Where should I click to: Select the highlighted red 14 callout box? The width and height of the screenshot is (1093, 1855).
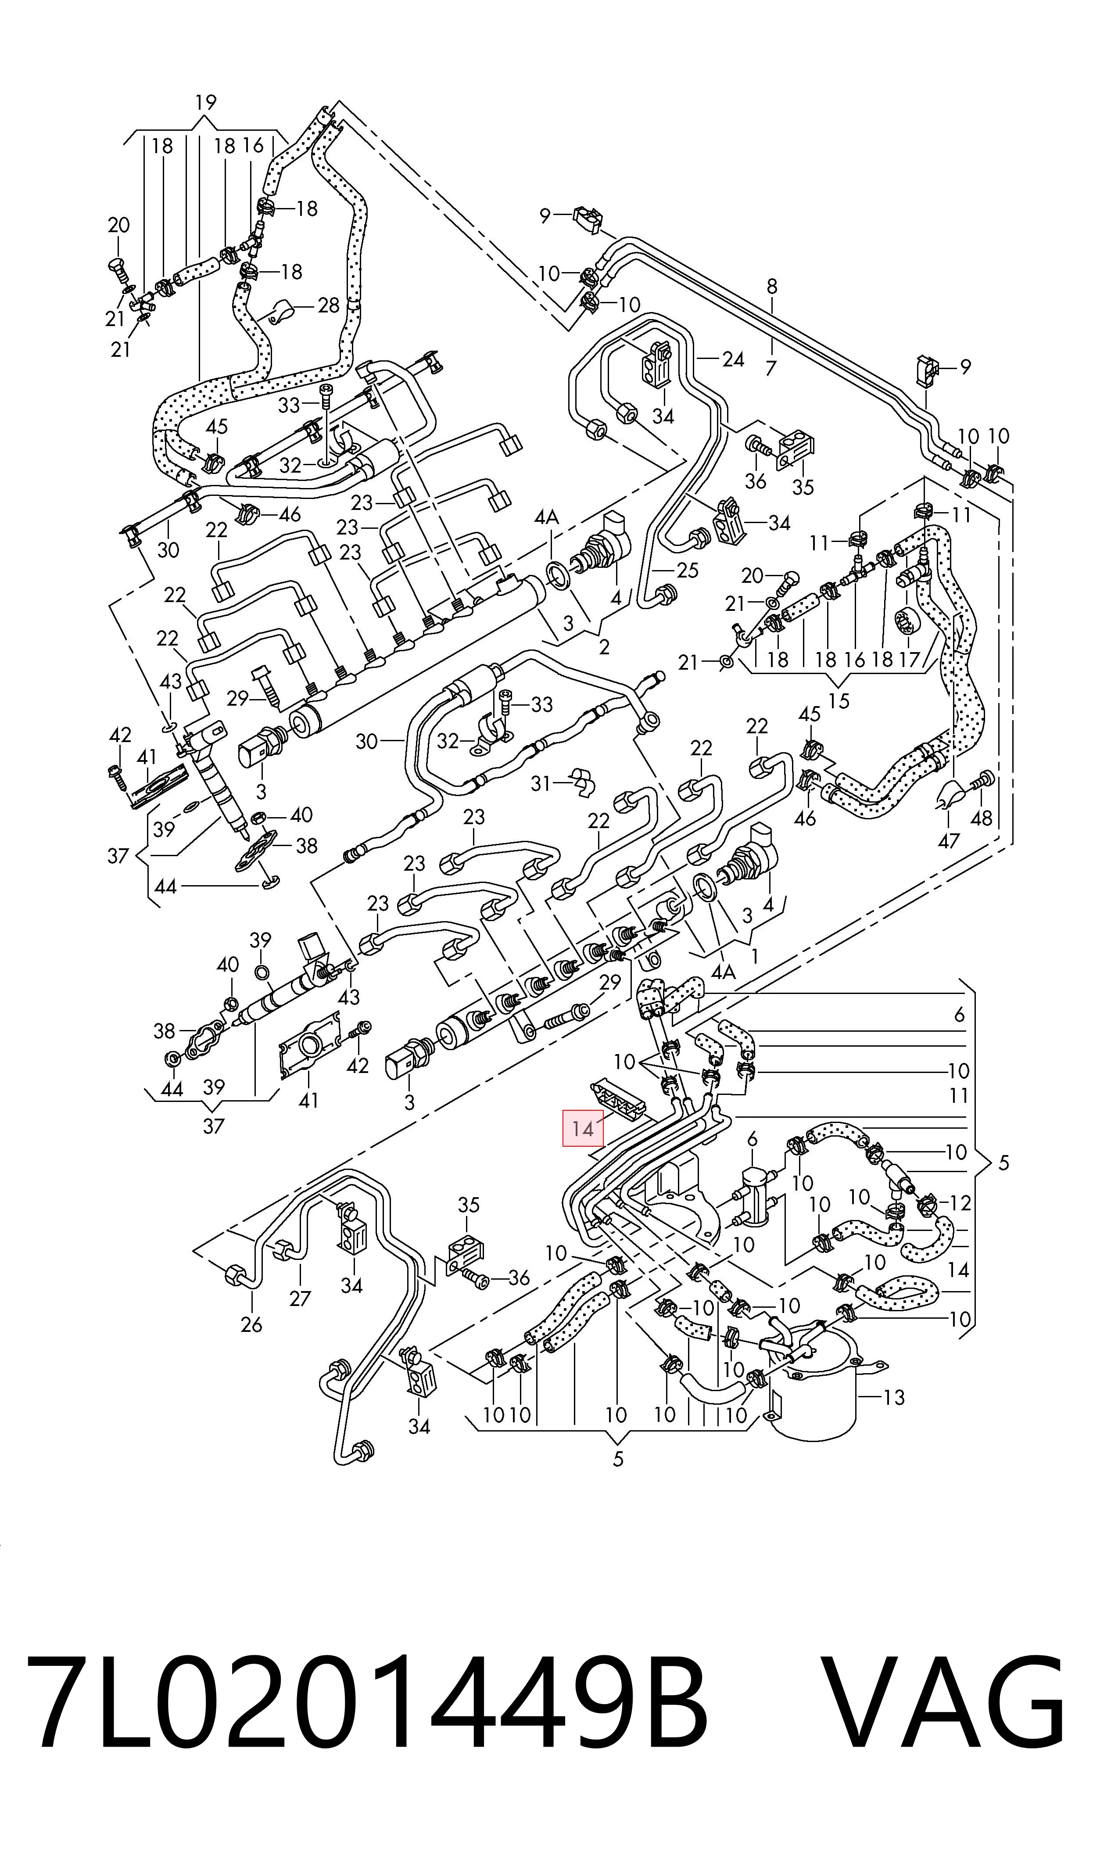point(583,1127)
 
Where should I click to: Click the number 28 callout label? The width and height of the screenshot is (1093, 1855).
point(329,305)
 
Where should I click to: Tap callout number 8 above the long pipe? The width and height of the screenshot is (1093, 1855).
point(772,287)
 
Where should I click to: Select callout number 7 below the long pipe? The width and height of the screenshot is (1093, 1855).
point(770,367)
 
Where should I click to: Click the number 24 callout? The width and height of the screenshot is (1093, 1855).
point(733,359)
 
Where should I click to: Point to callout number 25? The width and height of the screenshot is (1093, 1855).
point(687,570)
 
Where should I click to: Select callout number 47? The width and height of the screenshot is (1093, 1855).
point(949,840)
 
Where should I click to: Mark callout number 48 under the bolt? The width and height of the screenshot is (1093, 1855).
point(982,818)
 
